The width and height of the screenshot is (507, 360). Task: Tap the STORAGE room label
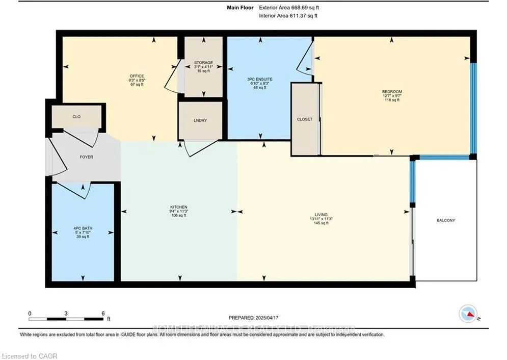[x=203, y=63]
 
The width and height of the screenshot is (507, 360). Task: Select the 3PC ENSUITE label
[x=260, y=79]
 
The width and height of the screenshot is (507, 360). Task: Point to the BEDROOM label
[x=392, y=92]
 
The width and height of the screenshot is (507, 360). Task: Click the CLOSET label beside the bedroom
[x=304, y=119]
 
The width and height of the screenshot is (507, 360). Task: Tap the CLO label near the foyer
[x=76, y=117]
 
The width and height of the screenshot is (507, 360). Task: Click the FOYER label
[x=86, y=157]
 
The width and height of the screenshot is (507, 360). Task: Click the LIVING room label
[x=321, y=215]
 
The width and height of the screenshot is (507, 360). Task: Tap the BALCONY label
[x=446, y=220]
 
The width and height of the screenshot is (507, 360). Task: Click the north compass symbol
[x=468, y=313]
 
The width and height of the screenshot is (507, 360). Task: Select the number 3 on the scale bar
[x=66, y=313]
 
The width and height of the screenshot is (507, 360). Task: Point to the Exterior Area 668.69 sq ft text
[x=289, y=8]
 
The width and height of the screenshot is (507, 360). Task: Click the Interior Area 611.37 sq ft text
[x=288, y=16]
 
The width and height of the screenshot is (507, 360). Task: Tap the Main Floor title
[x=240, y=8]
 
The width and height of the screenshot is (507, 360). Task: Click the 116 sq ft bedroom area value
[x=392, y=100]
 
